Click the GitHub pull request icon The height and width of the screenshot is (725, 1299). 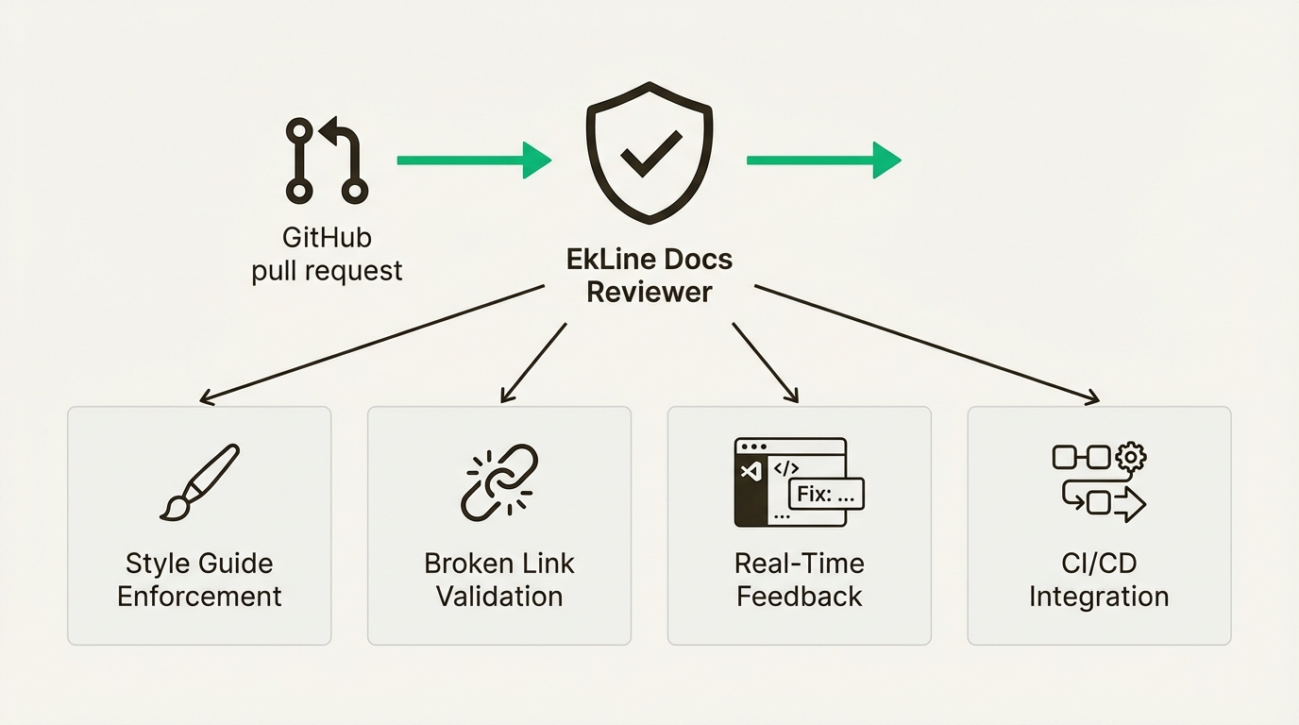[x=326, y=160]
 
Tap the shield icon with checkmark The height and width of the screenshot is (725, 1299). [x=649, y=150]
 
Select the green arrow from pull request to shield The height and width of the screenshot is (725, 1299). [x=473, y=160]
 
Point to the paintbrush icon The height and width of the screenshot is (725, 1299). [x=199, y=483]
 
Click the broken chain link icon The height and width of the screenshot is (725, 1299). [x=499, y=482]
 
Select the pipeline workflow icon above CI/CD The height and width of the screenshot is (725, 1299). [x=1099, y=482]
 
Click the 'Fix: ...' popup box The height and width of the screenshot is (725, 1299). [x=825, y=494]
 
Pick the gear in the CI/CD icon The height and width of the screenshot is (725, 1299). [x=1130, y=458]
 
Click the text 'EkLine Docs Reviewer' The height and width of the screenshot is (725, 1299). [x=649, y=275]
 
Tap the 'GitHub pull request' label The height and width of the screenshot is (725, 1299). [x=327, y=254]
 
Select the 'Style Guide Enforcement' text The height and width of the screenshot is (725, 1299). [x=199, y=580]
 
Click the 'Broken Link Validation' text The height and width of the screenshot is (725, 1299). [x=499, y=580]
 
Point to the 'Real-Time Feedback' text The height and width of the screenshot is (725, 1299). [x=800, y=580]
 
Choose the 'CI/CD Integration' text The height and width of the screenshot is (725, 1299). [x=1099, y=580]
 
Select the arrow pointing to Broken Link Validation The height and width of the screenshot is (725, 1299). [x=533, y=363]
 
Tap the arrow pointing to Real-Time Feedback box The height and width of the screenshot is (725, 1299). [x=766, y=363]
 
